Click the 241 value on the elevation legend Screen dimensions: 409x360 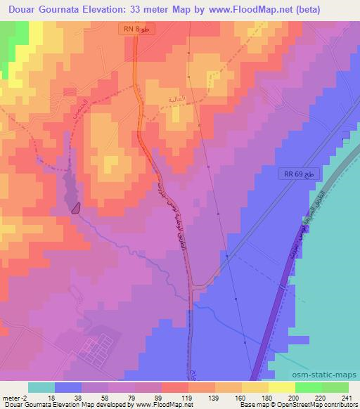pos(345,397)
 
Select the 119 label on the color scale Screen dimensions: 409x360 pos(167,397)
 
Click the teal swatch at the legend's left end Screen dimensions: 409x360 pos(41,387)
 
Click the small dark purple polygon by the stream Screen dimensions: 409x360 pos(76,207)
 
